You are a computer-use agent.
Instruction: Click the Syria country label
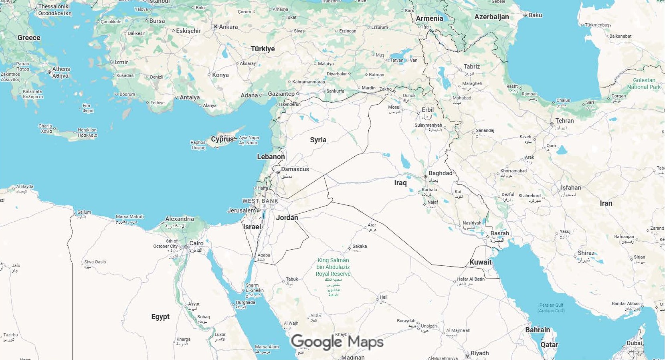click(x=318, y=140)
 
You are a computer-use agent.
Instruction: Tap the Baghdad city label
click(x=440, y=173)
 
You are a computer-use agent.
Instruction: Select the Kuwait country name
click(x=480, y=262)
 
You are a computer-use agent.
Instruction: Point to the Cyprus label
click(x=222, y=139)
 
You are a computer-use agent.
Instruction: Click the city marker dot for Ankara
click(x=216, y=27)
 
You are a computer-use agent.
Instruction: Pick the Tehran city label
click(x=564, y=121)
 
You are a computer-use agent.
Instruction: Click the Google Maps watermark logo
click(x=337, y=342)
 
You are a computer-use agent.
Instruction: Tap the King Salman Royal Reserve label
click(x=333, y=267)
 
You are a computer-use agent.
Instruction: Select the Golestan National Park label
click(x=644, y=83)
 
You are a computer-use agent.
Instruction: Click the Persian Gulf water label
click(x=552, y=307)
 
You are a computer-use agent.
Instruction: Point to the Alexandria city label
click(x=179, y=219)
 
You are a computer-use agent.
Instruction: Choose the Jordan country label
click(x=287, y=218)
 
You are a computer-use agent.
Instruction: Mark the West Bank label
click(x=260, y=201)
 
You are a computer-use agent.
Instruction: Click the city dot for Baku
click(x=525, y=15)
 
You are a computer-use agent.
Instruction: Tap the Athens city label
click(x=61, y=69)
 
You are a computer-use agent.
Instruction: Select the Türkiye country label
click(x=263, y=49)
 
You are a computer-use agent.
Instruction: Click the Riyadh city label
click(x=479, y=353)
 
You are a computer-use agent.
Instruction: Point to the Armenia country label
click(x=429, y=18)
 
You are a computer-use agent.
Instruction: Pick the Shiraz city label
click(x=586, y=253)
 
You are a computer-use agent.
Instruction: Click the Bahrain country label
click(x=538, y=330)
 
